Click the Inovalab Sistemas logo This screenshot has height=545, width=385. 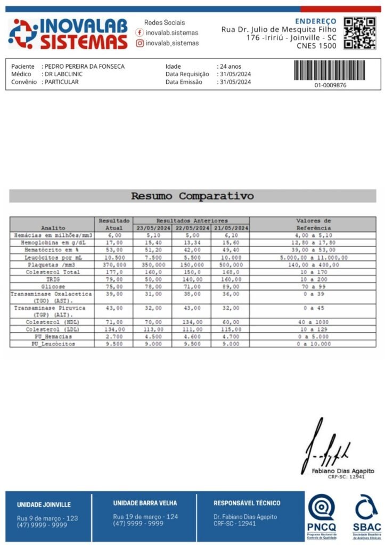68,34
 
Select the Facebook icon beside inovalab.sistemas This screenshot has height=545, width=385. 140,32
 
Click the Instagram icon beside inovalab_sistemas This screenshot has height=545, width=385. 140,43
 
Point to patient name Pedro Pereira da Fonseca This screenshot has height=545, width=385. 85,67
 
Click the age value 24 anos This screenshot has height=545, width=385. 231,67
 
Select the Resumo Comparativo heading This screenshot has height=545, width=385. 192,196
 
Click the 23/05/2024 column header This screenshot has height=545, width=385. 152,228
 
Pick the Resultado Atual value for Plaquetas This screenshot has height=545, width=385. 114,265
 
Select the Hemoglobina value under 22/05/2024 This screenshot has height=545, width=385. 191,243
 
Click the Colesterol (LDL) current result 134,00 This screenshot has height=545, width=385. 114,329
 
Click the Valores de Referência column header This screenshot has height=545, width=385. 313,224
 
